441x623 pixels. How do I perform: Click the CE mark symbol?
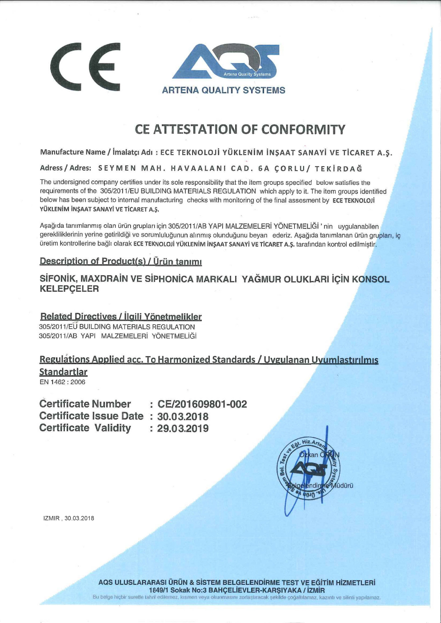click(85, 67)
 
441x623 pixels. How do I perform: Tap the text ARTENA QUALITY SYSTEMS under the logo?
click(224, 90)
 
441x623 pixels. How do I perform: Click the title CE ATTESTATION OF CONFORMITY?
click(240, 129)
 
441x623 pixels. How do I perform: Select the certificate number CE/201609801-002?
click(202, 404)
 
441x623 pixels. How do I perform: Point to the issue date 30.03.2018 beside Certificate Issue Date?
click(183, 417)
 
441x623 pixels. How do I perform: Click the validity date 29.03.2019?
click(183, 429)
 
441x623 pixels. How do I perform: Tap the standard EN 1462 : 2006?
click(62, 382)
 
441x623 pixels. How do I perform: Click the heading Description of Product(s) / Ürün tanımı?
click(121, 261)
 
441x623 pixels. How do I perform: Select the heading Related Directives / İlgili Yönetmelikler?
click(121, 317)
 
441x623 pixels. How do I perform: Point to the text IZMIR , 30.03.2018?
click(69, 518)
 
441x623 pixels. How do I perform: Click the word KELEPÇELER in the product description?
click(69, 289)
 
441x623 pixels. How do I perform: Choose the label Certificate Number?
click(85, 404)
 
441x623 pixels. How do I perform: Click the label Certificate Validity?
click(85, 428)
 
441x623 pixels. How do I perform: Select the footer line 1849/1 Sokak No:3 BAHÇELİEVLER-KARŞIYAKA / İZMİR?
click(237, 590)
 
